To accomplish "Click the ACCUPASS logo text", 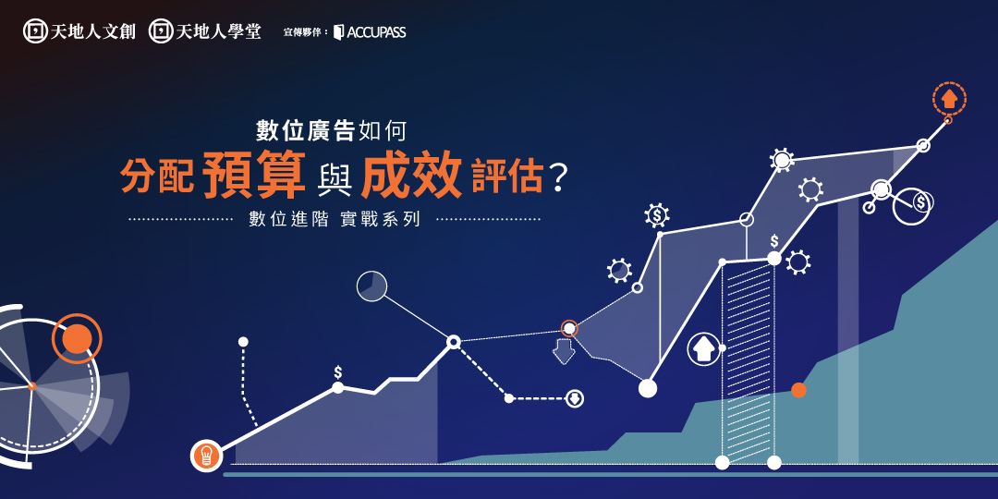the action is pyautogui.click(x=376, y=31).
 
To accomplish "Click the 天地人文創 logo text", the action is pyautogui.click(x=93, y=31).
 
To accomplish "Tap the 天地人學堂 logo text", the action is pyautogui.click(x=218, y=31).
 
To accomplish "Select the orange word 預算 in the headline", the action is pyautogui.click(x=254, y=174).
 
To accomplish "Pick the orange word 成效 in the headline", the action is pyautogui.click(x=411, y=174).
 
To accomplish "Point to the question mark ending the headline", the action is pyautogui.click(x=557, y=179).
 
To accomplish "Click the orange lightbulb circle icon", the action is pyautogui.click(x=206, y=455).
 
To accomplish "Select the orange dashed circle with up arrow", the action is pyautogui.click(x=949, y=99).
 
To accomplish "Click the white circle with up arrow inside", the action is pyautogui.click(x=703, y=349).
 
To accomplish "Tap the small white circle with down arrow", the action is pyautogui.click(x=574, y=398).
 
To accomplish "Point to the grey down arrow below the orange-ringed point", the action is pyautogui.click(x=564, y=352).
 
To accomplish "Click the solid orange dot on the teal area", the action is pyautogui.click(x=798, y=390).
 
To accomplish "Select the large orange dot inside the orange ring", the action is pyautogui.click(x=78, y=338).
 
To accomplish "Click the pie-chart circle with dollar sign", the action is pyautogui.click(x=913, y=206).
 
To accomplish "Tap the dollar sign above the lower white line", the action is pyautogui.click(x=338, y=371).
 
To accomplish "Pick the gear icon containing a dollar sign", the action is pyautogui.click(x=656, y=215).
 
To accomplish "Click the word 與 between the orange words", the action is pyautogui.click(x=333, y=177).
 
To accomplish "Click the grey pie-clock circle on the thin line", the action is pyautogui.click(x=371, y=286).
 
